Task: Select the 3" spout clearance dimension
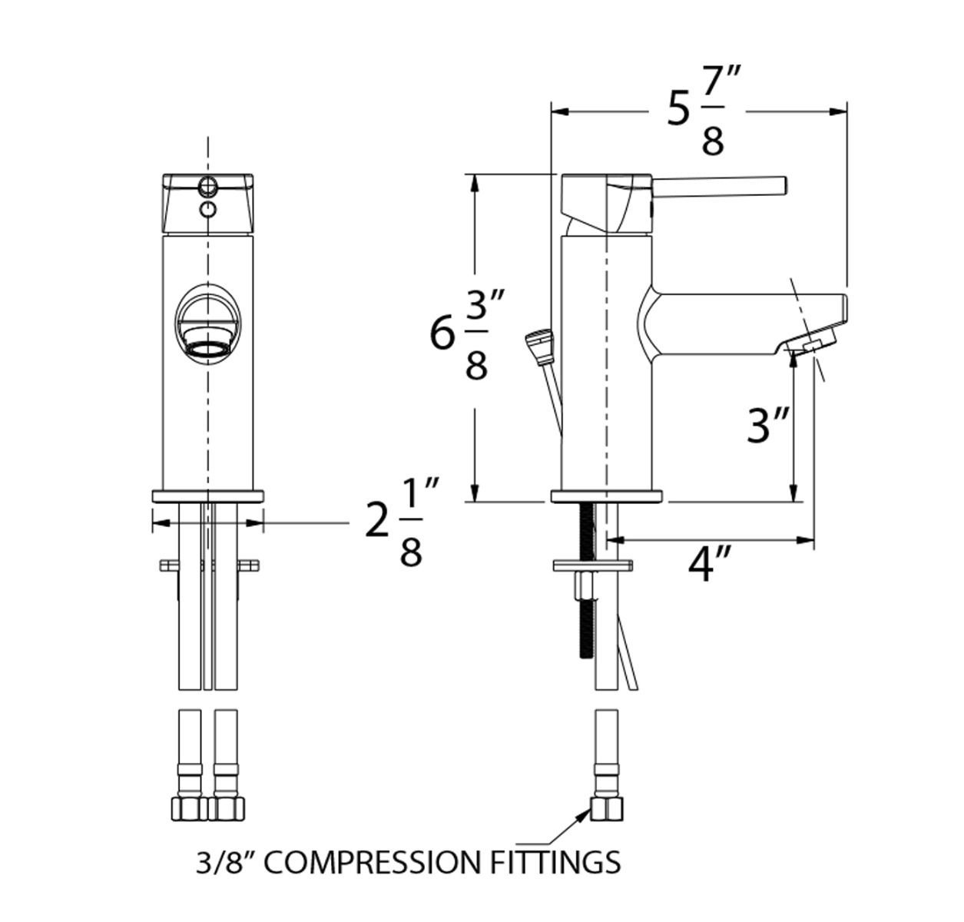pos(769,424)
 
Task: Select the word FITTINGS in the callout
pos(555,862)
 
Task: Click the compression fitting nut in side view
pos(607,808)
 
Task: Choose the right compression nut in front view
pos(226,808)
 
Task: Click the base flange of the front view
pos(208,496)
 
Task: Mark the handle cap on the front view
pos(207,204)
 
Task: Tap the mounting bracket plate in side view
pos(592,566)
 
